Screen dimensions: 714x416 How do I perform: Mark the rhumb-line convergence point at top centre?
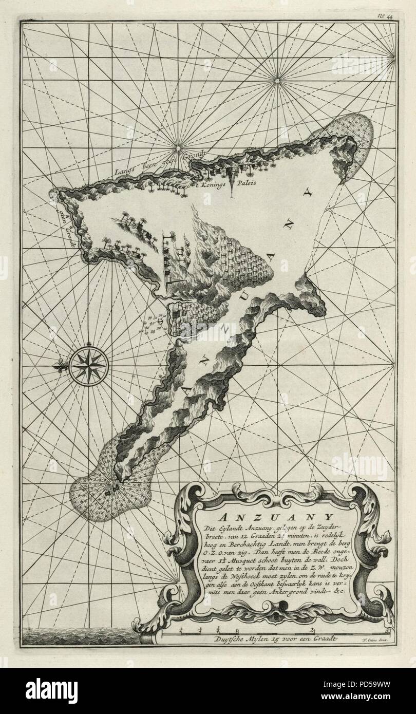tap(277, 79)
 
